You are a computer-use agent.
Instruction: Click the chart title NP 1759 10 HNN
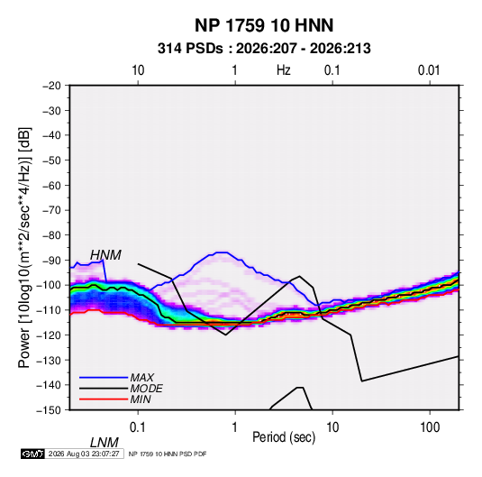tap(264, 25)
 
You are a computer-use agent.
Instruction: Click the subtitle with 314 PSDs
tap(264, 49)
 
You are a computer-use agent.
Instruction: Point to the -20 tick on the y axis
tap(52, 86)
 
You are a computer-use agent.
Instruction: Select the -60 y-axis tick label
tap(52, 186)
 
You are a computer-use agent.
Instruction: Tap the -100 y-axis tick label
tap(50, 285)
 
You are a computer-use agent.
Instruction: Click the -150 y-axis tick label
tap(50, 410)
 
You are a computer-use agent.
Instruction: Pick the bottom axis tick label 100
tap(430, 427)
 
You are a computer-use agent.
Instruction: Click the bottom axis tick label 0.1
tap(138, 427)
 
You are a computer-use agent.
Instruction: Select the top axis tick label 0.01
tap(429, 70)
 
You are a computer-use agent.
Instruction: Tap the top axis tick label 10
tap(138, 70)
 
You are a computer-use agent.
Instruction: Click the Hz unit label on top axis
tap(284, 70)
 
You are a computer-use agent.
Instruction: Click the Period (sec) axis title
tap(284, 437)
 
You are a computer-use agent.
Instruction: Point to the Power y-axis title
tap(24, 248)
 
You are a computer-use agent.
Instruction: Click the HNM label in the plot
tap(105, 255)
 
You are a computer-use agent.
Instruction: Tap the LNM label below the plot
tap(105, 443)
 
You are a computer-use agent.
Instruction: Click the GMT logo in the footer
tap(32, 454)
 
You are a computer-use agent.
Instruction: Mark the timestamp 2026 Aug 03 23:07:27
tap(84, 454)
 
